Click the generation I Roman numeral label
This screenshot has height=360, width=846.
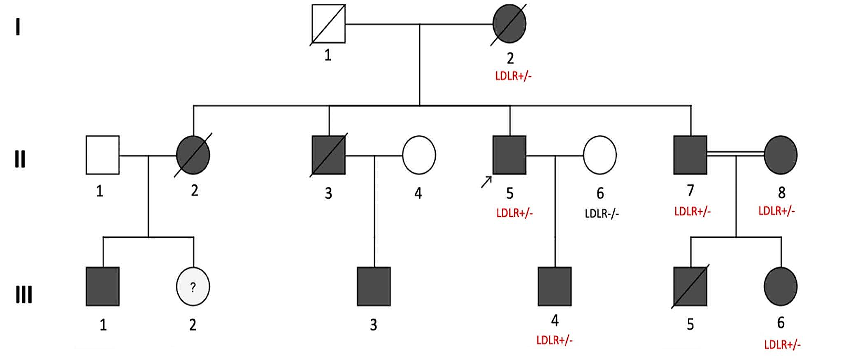[x=18, y=27]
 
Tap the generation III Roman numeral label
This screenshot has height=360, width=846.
[x=23, y=295]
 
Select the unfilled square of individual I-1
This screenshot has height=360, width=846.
[x=328, y=23]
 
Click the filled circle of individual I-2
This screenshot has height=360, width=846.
[x=509, y=23]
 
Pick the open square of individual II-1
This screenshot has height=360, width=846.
[x=102, y=155]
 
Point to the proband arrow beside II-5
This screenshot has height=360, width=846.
[x=486, y=181]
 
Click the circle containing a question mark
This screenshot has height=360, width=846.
[x=193, y=286]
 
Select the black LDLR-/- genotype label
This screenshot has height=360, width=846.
[x=602, y=214]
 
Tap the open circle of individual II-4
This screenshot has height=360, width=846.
[x=419, y=155]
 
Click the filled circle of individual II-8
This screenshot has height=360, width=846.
[x=781, y=155]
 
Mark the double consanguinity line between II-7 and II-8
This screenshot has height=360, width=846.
[x=735, y=153]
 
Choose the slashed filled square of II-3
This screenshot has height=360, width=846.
[x=329, y=155]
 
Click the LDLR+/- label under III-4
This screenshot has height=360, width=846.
[x=554, y=340]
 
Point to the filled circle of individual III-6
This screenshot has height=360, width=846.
[x=781, y=286]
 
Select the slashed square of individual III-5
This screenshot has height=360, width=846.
[x=690, y=286]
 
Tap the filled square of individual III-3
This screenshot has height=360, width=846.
[x=374, y=286]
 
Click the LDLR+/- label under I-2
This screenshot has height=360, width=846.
[x=513, y=76]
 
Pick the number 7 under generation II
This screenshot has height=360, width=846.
[x=690, y=190]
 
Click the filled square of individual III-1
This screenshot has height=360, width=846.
[x=102, y=286]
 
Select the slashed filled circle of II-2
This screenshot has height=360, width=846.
[x=193, y=155]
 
